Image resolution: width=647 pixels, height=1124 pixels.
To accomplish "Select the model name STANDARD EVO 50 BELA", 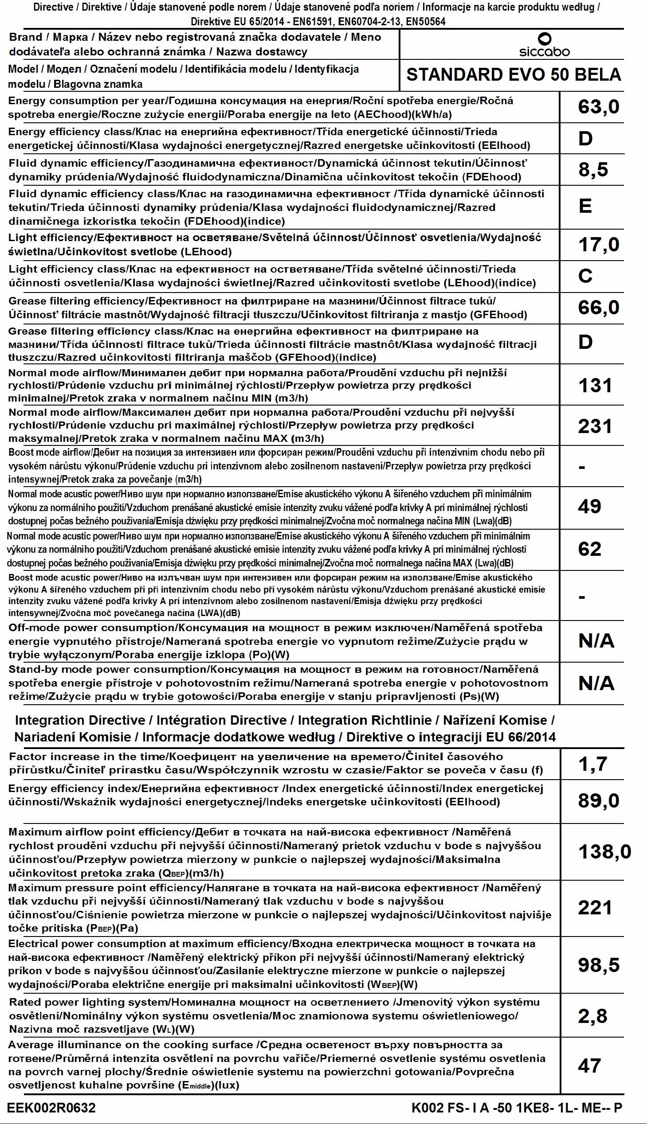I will (x=513, y=74).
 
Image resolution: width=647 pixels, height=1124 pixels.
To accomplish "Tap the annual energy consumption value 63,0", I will (x=598, y=106).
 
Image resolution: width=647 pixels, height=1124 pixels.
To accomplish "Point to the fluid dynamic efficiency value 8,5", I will (x=593, y=170).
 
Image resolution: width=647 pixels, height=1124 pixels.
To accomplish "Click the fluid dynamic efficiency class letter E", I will (x=585, y=206).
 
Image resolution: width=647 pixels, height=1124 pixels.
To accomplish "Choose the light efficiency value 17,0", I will (x=598, y=245).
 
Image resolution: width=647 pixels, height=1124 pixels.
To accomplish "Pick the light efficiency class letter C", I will (x=585, y=276).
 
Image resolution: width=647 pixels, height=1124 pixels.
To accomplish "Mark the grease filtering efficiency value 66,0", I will (x=598, y=307).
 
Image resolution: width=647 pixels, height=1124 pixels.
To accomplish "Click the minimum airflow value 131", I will (x=595, y=385).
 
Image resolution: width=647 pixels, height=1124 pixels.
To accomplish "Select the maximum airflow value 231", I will (x=595, y=426).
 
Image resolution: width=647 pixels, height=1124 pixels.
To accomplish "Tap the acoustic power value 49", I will (x=589, y=506).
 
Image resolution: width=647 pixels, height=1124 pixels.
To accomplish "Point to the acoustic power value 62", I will (x=589, y=549).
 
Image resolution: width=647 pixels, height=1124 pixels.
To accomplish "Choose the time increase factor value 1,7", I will (x=592, y=764).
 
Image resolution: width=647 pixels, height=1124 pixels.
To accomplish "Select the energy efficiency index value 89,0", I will (x=598, y=801).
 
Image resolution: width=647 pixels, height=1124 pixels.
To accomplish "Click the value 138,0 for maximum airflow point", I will (x=604, y=852).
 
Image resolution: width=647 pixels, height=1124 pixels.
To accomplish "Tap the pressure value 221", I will (x=595, y=907).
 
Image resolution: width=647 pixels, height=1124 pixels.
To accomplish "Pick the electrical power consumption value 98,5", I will (x=598, y=964).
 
